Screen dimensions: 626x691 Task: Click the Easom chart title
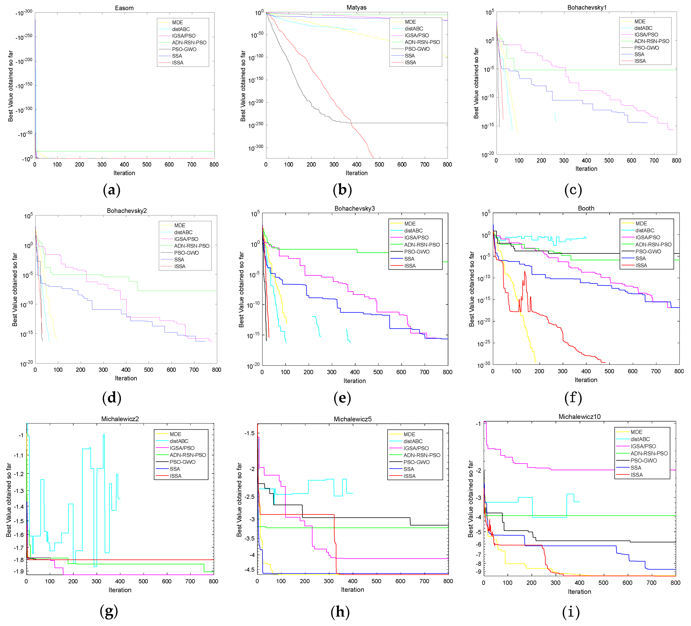(x=124, y=8)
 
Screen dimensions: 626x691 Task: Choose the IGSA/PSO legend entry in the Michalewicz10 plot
(x=643, y=446)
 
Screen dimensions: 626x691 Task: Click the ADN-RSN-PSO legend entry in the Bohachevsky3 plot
(x=422, y=244)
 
